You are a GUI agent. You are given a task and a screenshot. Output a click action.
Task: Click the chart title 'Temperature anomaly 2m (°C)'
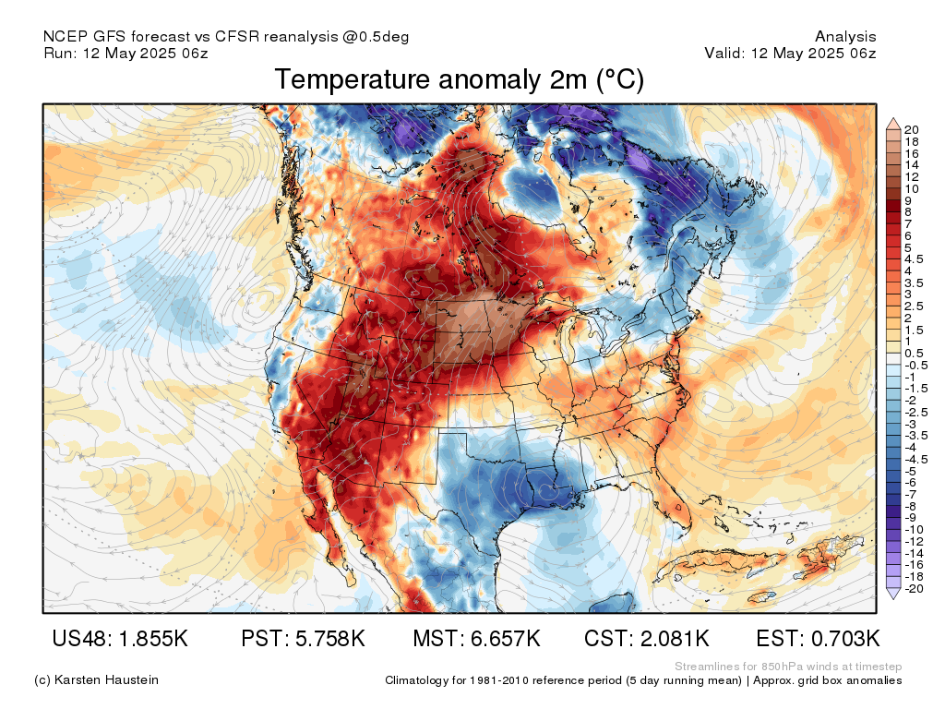460,79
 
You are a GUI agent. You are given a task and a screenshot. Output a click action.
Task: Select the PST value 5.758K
330,639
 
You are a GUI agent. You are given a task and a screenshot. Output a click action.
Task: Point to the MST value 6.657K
506,639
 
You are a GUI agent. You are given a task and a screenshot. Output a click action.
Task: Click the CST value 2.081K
675,639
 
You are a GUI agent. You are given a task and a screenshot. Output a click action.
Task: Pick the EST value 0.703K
845,639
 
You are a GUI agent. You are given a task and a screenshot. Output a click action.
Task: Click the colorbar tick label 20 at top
912,129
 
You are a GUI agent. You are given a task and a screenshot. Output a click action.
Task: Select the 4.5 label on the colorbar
914,259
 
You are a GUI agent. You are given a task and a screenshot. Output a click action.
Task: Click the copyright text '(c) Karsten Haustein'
96,680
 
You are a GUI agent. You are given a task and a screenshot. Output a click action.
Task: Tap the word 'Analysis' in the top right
845,37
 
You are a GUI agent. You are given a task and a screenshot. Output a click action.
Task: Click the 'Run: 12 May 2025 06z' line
126,53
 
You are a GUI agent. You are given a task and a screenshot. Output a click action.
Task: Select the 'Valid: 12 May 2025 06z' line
790,53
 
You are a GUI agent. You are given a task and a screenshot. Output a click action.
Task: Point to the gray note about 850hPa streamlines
788,667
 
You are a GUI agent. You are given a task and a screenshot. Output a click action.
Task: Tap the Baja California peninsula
329,531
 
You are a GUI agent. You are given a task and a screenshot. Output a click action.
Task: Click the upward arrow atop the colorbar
893,125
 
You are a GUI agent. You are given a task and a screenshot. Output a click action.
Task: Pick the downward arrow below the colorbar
893,594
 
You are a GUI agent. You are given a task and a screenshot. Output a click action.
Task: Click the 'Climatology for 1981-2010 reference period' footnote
564,680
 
